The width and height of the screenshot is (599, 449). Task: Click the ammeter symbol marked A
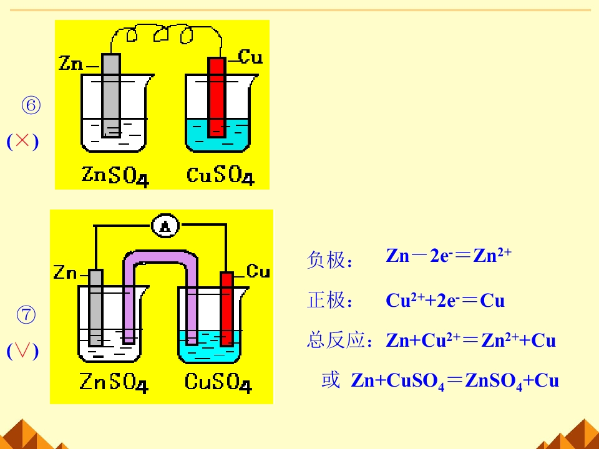165,226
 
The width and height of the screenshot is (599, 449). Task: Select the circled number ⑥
31,105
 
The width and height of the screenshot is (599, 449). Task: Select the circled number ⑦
26,315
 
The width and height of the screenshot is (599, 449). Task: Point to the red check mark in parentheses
22,350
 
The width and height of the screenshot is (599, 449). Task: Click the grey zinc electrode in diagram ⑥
111,95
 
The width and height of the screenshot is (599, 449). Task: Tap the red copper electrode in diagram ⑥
217,97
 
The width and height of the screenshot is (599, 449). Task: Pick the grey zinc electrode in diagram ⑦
95,307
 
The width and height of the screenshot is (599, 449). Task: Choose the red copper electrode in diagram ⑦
227,309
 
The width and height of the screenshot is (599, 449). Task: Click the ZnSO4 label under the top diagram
115,176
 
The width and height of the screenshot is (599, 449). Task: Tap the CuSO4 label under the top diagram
220,176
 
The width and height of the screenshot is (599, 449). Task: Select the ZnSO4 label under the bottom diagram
114,382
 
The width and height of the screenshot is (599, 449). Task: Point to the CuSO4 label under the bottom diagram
218,382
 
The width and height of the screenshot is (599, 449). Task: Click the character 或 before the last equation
331,380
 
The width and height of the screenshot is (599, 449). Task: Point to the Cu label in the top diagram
250,57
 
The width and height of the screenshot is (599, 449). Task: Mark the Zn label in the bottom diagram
65,273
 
